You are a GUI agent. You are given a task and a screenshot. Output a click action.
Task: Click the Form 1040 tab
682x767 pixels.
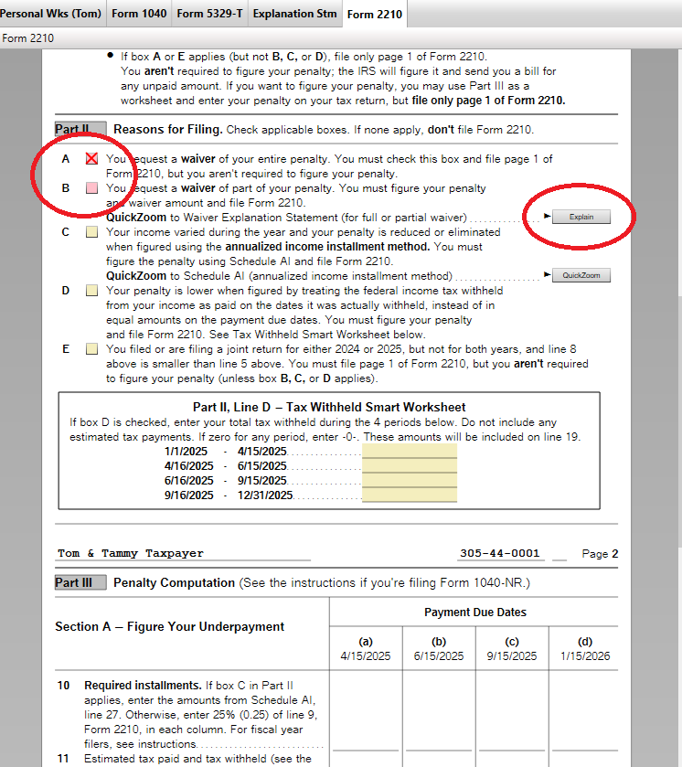(139, 14)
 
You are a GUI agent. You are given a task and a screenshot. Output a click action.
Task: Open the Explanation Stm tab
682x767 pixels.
(294, 14)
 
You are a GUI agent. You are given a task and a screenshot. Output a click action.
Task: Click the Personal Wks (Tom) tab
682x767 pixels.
(51, 14)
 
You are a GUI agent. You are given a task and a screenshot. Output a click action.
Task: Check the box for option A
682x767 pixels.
(91, 159)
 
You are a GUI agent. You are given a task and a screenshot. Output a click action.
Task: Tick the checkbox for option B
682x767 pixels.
(91, 188)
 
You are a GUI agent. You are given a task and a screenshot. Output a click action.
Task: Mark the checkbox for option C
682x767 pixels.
(91, 232)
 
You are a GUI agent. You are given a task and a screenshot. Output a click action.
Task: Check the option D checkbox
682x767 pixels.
(91, 291)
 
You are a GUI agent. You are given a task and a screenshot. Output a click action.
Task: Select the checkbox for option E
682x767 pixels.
(91, 349)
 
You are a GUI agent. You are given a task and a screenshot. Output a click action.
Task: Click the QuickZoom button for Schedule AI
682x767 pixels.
(581, 275)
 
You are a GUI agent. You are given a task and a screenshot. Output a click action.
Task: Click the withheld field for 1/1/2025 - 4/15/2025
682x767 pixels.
(409, 452)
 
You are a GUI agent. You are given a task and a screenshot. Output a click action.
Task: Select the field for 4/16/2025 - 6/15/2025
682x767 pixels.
(409, 466)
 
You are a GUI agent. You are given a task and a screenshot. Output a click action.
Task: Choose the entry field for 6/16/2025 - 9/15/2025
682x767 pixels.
(409, 481)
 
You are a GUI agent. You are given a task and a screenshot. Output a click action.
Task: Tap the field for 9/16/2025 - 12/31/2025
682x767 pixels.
(409, 495)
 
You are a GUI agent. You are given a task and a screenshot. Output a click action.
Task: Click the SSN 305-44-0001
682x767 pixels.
(500, 553)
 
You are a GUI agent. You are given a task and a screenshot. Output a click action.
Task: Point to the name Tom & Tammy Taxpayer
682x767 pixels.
(131, 553)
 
